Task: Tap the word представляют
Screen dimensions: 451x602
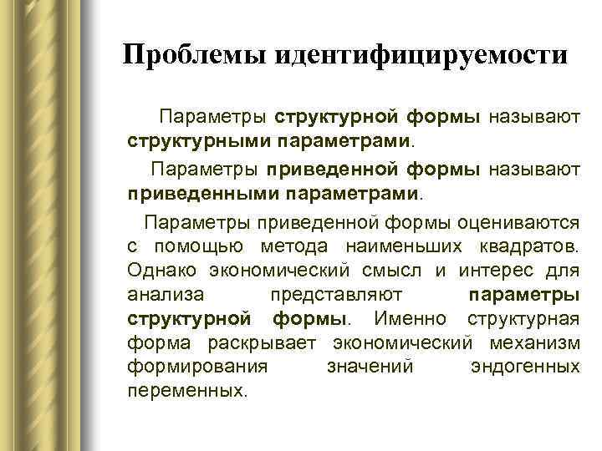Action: point(338,295)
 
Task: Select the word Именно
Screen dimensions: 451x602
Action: point(411,319)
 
